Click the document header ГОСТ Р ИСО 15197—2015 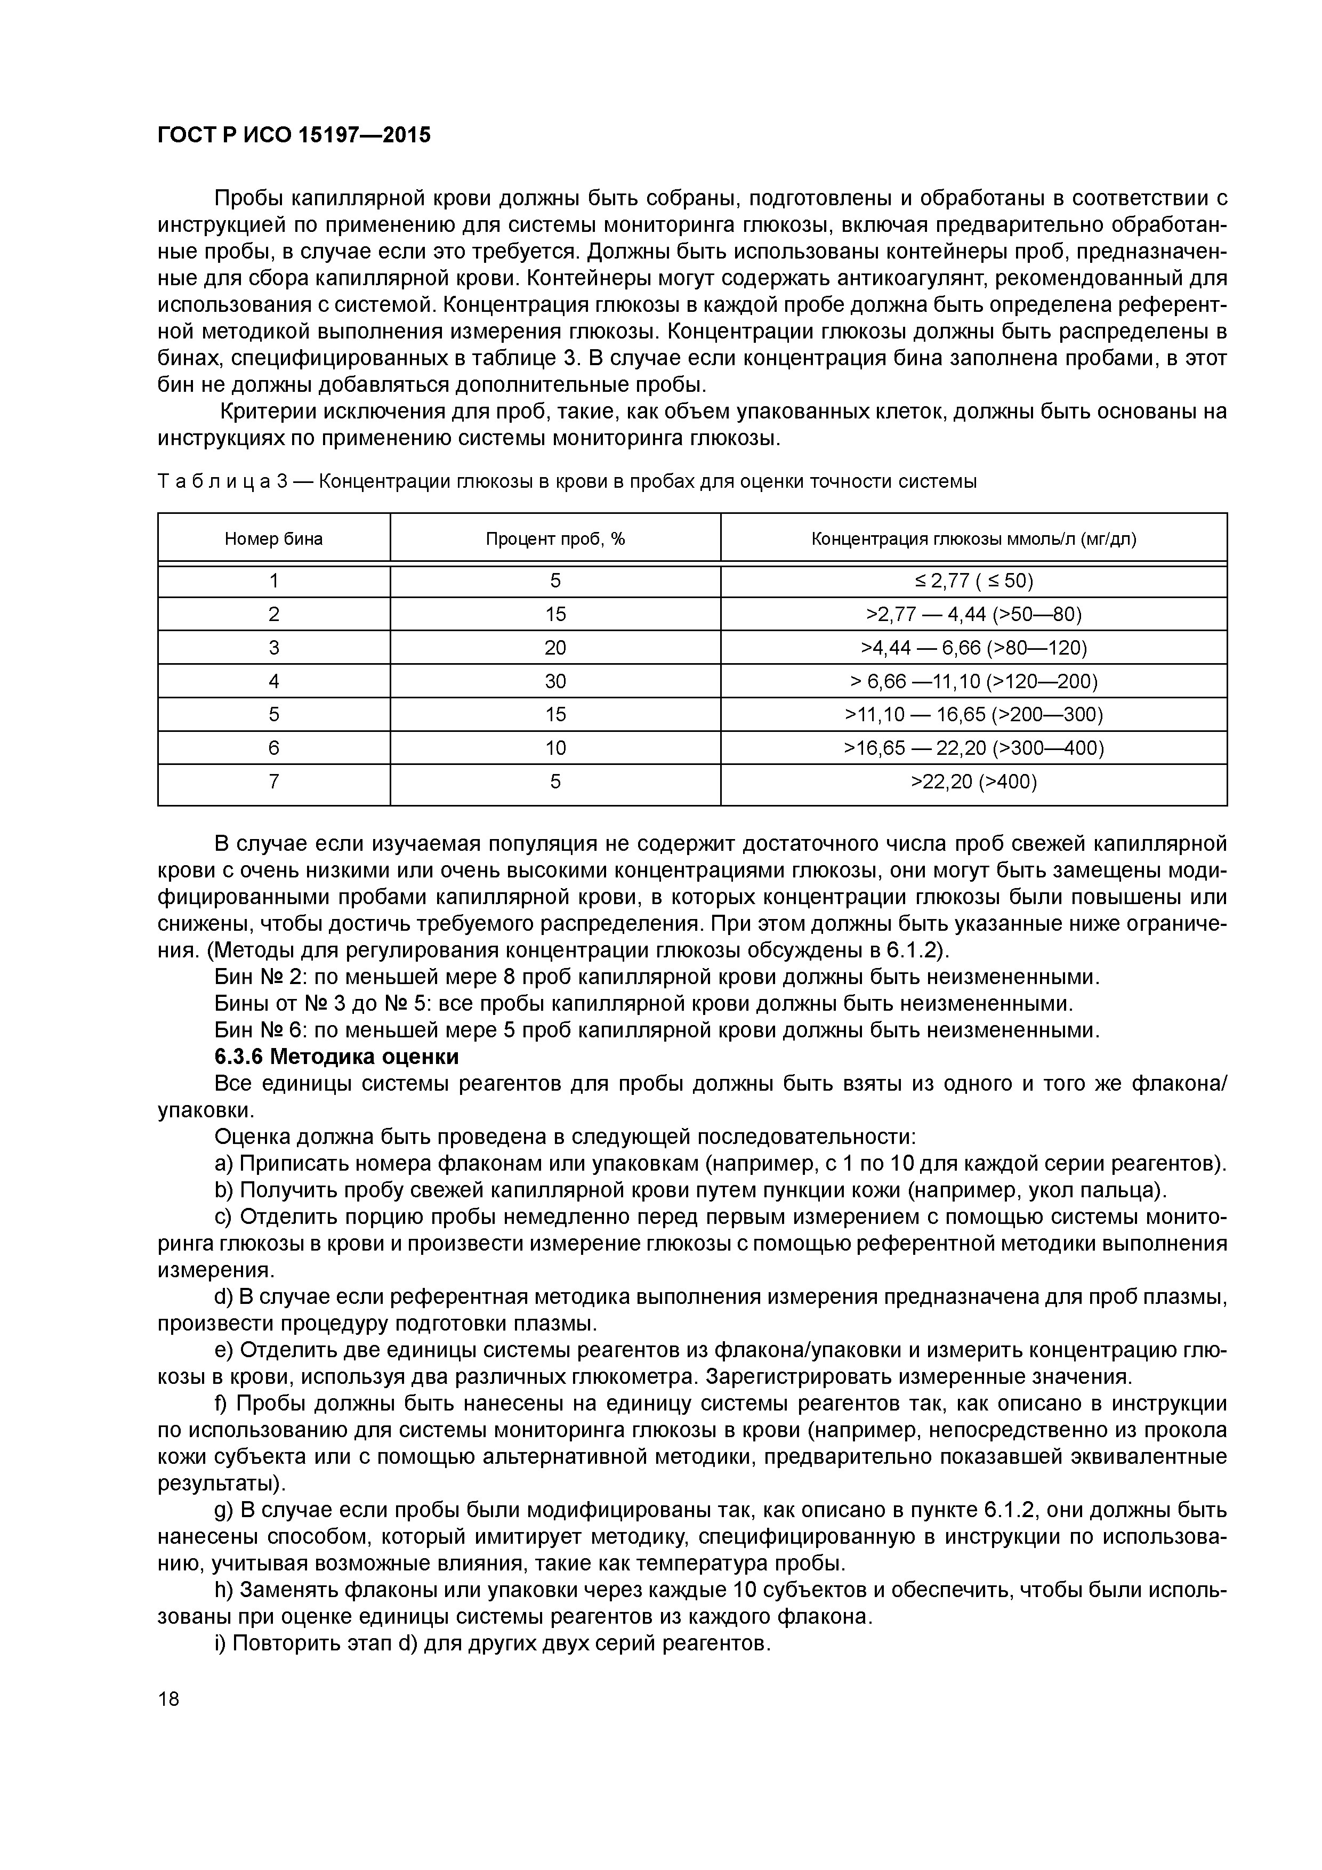click(x=293, y=134)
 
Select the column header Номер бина click(x=273, y=538)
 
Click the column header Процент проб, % click(x=555, y=538)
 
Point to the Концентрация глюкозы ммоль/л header click(x=973, y=538)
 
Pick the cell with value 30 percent click(x=555, y=681)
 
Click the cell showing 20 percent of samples click(x=555, y=648)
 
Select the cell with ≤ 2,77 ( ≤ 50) click(x=973, y=581)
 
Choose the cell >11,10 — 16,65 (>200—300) click(x=973, y=714)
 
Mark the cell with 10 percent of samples click(x=555, y=748)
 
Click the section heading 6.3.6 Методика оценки click(x=336, y=1057)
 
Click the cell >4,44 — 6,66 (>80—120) click(x=973, y=648)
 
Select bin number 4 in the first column click(x=273, y=681)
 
